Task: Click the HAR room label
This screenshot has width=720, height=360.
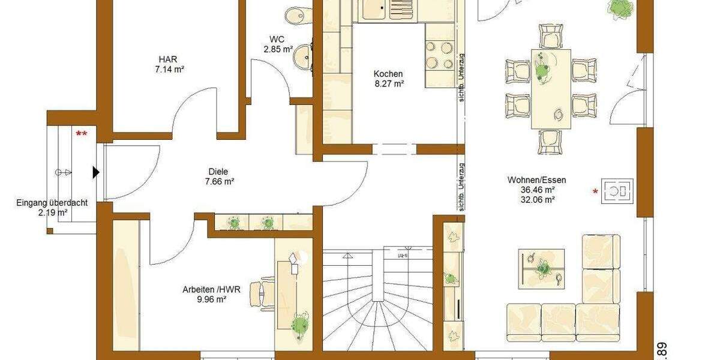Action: click(168, 59)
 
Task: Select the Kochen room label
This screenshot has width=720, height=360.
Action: click(388, 74)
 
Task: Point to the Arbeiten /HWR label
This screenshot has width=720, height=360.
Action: click(211, 289)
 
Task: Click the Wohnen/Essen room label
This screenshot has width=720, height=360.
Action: click(536, 179)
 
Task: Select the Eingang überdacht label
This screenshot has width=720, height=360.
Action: click(52, 203)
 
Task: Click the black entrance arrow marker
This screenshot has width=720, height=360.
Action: click(95, 173)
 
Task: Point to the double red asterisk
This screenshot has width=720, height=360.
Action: click(81, 134)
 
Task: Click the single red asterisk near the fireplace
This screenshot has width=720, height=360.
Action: click(595, 192)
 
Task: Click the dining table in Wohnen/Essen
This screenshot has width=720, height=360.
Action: click(551, 88)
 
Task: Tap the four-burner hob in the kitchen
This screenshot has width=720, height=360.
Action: click(441, 55)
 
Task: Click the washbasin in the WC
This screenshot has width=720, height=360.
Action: click(302, 56)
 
